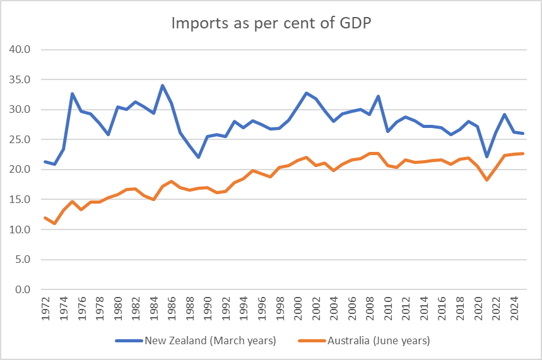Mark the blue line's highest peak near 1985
(x=162, y=86)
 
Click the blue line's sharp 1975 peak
(x=73, y=94)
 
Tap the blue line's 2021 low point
(x=486, y=157)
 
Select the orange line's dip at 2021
(x=486, y=180)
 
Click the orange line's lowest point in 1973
(x=54, y=223)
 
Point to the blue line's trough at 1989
(x=198, y=158)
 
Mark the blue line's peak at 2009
(x=379, y=96)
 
